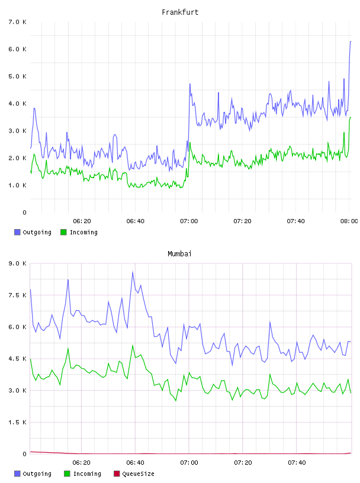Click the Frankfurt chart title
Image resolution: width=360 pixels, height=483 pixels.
tap(180, 12)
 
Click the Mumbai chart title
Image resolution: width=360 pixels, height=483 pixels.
tap(179, 254)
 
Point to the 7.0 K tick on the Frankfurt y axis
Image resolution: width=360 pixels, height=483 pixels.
tap(17, 22)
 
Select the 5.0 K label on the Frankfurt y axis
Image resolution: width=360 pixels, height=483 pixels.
tap(17, 76)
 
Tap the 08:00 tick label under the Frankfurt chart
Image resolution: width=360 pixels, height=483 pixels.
tap(349, 221)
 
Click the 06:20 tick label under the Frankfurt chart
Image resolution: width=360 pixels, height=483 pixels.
tap(82, 221)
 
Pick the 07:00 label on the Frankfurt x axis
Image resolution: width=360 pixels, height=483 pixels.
tap(189, 221)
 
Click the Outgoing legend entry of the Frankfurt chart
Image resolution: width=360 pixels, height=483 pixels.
tap(33, 232)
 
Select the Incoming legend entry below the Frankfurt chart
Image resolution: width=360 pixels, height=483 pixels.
tap(79, 232)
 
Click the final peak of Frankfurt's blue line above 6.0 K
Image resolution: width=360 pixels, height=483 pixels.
tap(351, 41)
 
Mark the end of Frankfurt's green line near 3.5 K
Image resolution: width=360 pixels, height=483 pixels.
tap(351, 117)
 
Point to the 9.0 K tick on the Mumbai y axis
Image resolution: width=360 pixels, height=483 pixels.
tap(17, 263)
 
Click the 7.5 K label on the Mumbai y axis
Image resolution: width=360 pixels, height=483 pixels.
tap(17, 295)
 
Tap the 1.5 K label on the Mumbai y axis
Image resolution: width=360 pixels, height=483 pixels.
tap(17, 422)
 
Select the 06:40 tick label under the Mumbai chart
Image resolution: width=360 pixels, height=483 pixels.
tap(136, 463)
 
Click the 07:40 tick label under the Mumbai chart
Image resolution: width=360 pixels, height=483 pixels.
tap(297, 463)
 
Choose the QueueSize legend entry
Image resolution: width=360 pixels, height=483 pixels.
tap(134, 474)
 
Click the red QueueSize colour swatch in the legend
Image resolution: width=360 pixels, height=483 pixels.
tap(117, 474)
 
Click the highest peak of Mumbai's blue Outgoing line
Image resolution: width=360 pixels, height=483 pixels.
tap(133, 272)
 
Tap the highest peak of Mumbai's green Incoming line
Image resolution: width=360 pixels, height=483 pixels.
tap(133, 345)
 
